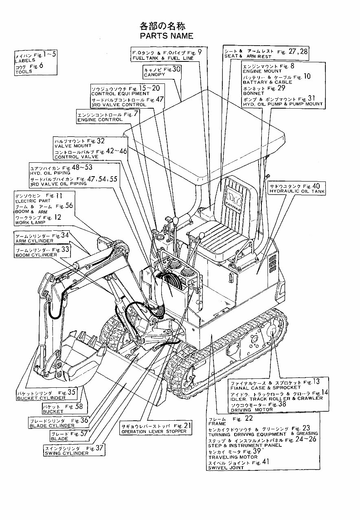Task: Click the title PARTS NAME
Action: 166,36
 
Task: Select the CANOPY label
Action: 154,74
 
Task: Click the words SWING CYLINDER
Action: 66,453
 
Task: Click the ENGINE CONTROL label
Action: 100,120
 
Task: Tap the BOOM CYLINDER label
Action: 36,255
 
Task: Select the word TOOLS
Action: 24,72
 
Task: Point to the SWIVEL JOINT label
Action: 226,468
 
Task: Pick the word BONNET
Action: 253,93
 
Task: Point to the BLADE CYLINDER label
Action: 52,426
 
